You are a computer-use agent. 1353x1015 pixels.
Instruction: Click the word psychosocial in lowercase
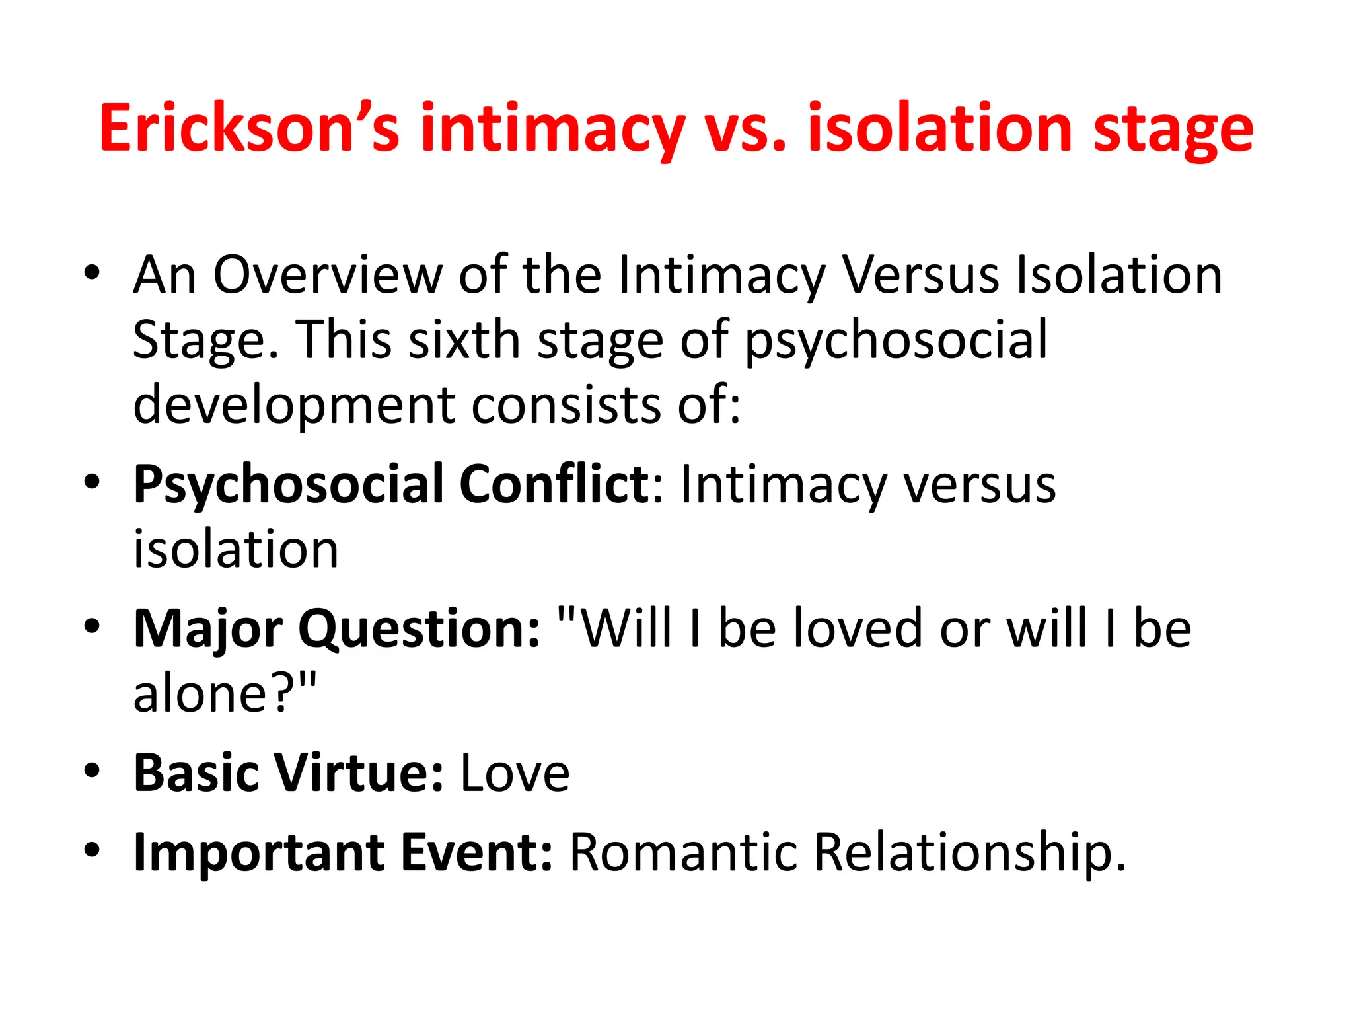click(x=896, y=340)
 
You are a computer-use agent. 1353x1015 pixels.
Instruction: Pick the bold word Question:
click(x=420, y=628)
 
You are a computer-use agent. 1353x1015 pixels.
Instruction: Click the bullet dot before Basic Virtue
click(x=92, y=771)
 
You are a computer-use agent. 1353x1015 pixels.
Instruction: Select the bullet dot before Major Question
click(x=92, y=626)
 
